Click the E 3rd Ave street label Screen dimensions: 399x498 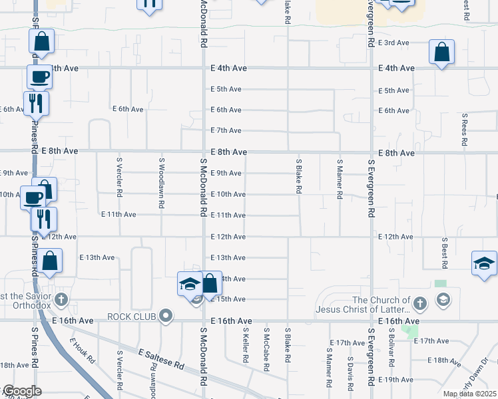click(x=393, y=43)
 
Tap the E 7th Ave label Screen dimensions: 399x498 click(x=226, y=130)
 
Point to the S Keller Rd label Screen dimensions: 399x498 click(x=246, y=345)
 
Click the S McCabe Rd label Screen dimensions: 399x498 click(x=266, y=345)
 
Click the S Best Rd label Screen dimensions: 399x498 click(x=444, y=252)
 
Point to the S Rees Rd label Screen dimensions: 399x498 click(x=465, y=130)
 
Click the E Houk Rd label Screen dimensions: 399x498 click(x=83, y=352)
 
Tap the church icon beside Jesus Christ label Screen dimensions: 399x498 click(x=419, y=304)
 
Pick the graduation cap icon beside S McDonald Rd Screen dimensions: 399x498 click(x=190, y=284)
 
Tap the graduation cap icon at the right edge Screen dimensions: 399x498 click(x=484, y=263)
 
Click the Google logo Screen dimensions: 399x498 click(x=22, y=391)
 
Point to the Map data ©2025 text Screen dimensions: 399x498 click(x=469, y=394)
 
